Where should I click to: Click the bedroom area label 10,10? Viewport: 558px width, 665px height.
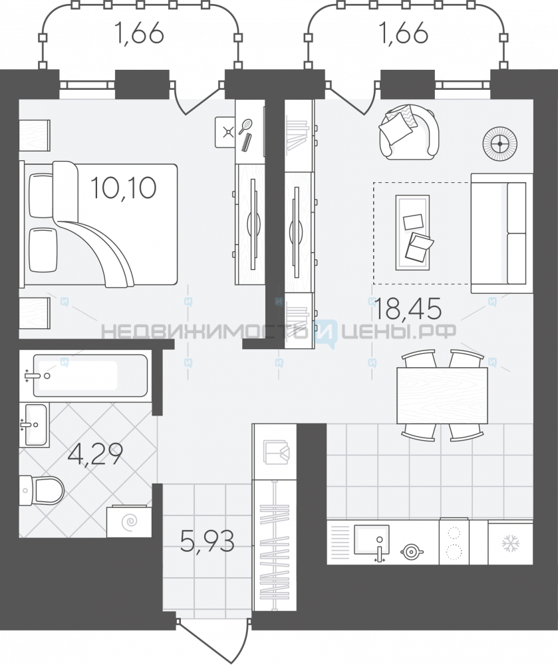(x=124, y=188)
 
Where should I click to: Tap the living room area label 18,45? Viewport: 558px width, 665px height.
(x=408, y=308)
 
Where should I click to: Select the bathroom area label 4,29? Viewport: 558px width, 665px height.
(x=96, y=454)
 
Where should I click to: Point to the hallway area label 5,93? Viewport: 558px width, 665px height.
(x=207, y=541)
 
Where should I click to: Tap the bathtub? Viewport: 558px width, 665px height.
(x=90, y=375)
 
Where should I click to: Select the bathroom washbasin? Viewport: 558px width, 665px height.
(x=35, y=424)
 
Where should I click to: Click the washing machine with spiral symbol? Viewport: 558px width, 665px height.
(x=129, y=521)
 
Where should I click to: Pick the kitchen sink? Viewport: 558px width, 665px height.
(x=371, y=540)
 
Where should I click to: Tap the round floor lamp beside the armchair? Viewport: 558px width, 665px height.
(x=500, y=144)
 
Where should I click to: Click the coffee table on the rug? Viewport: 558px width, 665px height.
(x=412, y=232)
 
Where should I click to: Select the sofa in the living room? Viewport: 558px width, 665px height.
(x=502, y=233)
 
